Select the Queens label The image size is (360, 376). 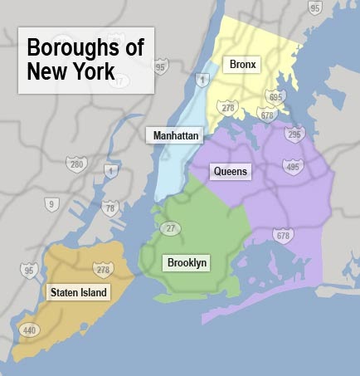pyautogui.click(x=231, y=171)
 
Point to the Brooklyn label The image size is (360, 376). pyautogui.click(x=187, y=263)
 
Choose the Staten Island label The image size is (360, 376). pyautogui.click(x=79, y=292)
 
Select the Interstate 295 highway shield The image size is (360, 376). pyautogui.click(x=294, y=133)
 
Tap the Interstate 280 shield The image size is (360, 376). pyautogui.click(x=76, y=165)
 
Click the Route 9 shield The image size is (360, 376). pyautogui.click(x=51, y=203)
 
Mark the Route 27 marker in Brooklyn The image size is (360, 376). pyautogui.click(x=172, y=228)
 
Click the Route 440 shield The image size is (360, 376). pyautogui.click(x=28, y=330)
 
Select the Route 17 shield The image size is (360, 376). pyautogui.click(x=119, y=81)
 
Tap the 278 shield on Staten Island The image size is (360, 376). pyautogui.click(x=103, y=269)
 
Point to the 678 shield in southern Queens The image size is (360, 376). pyautogui.click(x=284, y=237)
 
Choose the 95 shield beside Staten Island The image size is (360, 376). pyautogui.click(x=30, y=270)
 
